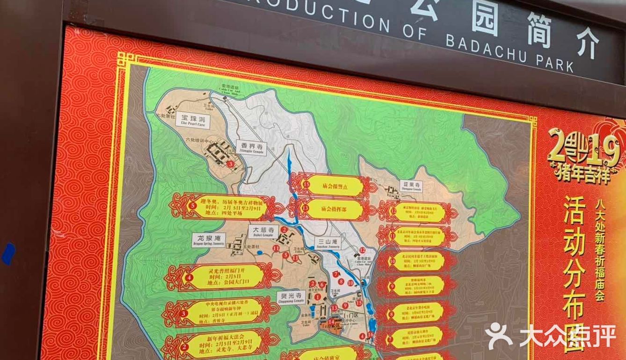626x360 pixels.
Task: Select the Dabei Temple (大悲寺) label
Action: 263,230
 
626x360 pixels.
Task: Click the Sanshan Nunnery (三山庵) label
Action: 326,244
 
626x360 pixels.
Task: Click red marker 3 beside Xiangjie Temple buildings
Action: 230,164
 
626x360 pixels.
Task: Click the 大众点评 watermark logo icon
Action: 500,335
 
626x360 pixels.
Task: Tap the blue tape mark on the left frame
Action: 8,254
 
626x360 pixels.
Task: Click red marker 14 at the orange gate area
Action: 331,322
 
